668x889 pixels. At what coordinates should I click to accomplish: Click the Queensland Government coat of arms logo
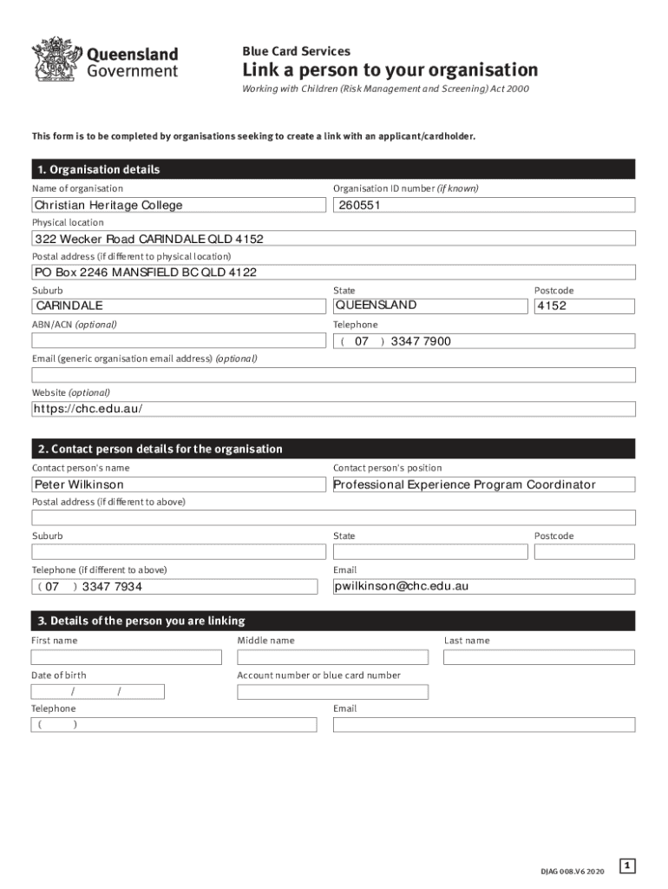click(54, 59)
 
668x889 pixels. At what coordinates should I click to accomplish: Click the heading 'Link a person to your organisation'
click(390, 70)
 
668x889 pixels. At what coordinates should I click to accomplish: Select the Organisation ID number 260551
click(484, 205)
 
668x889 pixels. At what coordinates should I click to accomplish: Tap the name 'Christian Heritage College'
click(174, 205)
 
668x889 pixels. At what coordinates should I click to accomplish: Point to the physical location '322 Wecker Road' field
click(333, 239)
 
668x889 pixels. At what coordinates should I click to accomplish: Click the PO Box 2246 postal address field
click(333, 273)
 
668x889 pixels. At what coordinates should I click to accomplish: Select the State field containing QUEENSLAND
click(430, 306)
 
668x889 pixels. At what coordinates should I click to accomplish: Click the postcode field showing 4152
click(584, 306)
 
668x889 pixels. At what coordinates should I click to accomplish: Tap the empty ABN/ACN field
click(174, 340)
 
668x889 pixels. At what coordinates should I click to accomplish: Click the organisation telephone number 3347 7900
click(484, 341)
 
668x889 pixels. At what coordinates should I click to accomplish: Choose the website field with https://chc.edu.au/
click(333, 409)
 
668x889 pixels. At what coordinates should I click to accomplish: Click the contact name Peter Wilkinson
click(174, 484)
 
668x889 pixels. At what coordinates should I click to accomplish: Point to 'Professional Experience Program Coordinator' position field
click(484, 484)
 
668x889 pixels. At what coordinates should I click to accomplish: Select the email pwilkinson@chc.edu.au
click(484, 586)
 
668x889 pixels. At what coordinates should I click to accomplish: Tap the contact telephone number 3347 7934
click(174, 587)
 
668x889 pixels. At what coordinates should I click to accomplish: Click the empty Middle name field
click(332, 657)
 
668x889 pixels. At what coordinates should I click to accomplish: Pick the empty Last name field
click(539, 657)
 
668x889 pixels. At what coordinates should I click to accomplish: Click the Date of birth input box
click(97, 692)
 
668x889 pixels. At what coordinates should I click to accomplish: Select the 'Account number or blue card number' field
click(332, 692)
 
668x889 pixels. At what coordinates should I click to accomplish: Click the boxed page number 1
click(628, 866)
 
